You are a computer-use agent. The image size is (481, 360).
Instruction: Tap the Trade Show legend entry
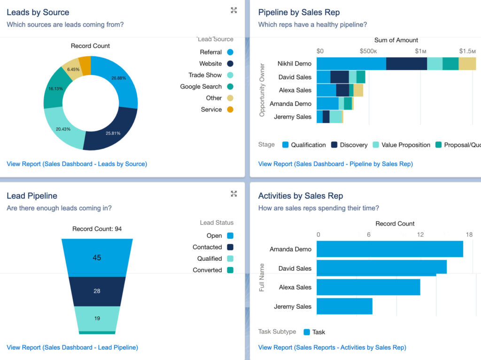[205, 75]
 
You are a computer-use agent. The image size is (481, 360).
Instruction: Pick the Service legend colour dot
[230, 110]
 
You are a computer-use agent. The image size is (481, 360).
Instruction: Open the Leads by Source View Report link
[77, 164]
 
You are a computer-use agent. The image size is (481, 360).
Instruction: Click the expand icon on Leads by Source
[234, 10]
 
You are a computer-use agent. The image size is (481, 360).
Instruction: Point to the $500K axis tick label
[368, 51]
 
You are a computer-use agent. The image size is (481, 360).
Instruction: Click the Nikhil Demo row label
[294, 63]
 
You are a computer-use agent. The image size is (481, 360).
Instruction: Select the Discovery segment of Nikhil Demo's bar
[406, 63]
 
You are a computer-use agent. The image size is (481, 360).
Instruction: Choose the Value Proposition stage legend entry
[405, 145]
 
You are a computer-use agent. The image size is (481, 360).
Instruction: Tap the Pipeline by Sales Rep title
[299, 13]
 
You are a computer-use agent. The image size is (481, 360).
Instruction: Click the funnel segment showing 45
[97, 258]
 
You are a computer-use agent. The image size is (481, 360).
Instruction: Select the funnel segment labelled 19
[97, 318]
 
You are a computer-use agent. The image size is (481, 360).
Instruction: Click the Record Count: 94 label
[97, 229]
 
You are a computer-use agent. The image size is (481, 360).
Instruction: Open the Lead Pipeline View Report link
[72, 347]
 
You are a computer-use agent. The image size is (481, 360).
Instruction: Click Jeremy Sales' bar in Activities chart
[344, 306]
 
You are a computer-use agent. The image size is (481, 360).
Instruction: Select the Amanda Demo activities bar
[389, 249]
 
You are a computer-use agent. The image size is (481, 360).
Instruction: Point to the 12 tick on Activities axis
[420, 235]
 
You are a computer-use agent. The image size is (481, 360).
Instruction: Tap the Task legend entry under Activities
[318, 332]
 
